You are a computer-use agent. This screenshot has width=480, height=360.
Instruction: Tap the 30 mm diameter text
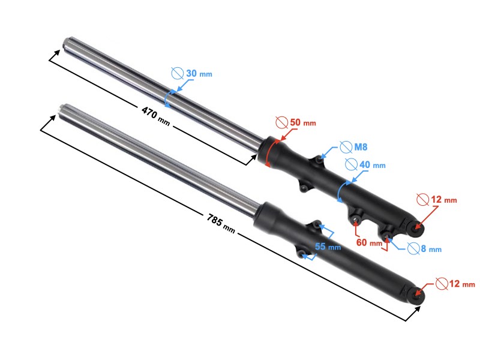[199, 73]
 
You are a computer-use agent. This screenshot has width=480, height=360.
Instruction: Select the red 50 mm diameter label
[302, 122]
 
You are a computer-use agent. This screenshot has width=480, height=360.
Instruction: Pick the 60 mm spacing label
[368, 242]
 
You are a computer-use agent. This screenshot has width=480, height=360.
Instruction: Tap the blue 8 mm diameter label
[430, 249]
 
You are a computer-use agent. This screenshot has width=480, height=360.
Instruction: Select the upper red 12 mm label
[445, 199]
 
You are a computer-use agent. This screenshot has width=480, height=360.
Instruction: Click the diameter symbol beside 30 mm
[177, 73]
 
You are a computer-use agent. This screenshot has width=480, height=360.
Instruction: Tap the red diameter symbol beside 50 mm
[281, 122]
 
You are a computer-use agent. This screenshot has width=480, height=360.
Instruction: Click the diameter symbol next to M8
[345, 146]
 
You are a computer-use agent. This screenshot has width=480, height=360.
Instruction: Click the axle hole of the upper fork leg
[418, 228]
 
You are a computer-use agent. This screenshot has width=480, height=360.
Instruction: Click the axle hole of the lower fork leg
[418, 295]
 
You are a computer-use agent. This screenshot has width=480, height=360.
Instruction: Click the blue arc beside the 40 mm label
[341, 191]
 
